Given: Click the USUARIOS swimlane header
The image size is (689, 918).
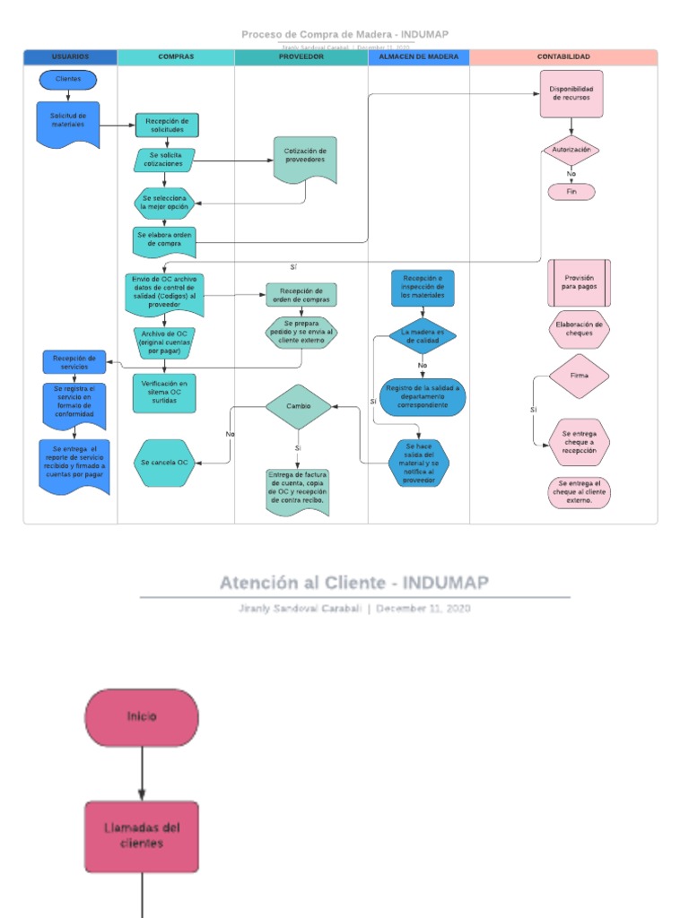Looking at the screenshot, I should [71, 56].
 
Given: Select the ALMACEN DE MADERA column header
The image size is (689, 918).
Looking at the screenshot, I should [418, 56].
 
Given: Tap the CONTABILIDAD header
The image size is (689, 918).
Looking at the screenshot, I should [563, 56].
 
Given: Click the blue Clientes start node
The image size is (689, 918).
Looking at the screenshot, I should [68, 80].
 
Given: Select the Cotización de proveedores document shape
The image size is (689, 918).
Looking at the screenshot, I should [305, 158].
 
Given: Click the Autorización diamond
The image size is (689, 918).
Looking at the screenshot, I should [571, 151].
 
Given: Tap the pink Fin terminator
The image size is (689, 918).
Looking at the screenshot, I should [571, 192].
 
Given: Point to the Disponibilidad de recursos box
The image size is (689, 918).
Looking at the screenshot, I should [571, 94].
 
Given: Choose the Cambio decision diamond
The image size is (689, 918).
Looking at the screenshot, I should [298, 406].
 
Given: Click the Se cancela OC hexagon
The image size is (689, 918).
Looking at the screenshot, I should [163, 463].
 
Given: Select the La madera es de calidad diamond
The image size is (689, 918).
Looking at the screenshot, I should [422, 336].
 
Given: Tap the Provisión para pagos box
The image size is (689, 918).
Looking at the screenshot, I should [579, 283].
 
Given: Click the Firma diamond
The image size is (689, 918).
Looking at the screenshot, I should [579, 376].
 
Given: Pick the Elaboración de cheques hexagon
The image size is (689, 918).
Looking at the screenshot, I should [579, 329].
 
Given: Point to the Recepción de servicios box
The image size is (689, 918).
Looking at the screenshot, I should [74, 361].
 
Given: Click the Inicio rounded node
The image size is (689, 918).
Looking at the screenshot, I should [142, 717].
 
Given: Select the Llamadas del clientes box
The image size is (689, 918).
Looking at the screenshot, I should [142, 836].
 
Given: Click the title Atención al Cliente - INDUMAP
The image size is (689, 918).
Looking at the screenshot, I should [354, 583].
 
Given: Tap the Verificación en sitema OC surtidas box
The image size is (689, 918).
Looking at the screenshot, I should [163, 393].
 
